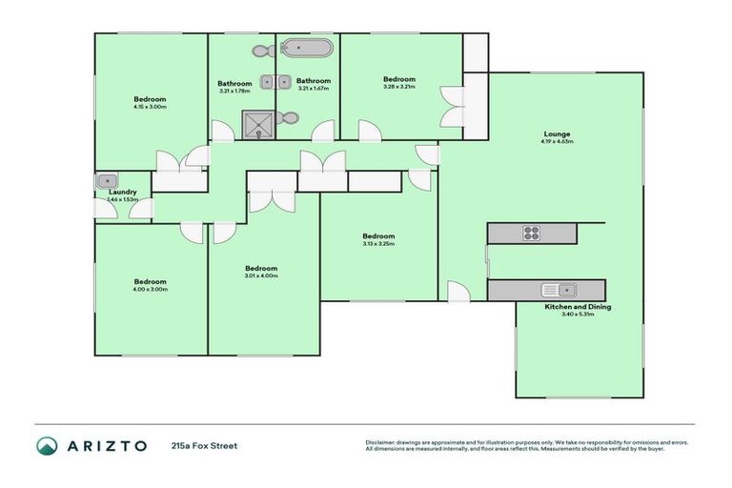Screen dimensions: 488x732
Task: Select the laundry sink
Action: (106, 180)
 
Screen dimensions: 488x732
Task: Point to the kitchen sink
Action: (556, 290)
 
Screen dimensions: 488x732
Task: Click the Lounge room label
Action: (557, 133)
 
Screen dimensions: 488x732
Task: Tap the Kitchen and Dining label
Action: (578, 307)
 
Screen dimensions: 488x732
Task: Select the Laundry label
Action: (123, 192)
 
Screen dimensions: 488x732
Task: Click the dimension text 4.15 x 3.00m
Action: (151, 108)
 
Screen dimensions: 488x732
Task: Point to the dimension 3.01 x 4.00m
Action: (261, 276)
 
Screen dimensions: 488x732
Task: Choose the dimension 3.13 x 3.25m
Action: (378, 244)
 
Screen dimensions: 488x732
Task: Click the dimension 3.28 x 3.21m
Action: (399, 87)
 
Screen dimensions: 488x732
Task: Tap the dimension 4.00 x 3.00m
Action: (151, 289)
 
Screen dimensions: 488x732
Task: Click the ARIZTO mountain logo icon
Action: (47, 445)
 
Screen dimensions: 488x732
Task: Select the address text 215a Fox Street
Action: (204, 445)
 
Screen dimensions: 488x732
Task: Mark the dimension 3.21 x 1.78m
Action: (234, 91)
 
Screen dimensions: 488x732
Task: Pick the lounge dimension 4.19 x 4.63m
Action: (557, 142)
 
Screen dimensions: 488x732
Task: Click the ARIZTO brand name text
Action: (106, 445)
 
